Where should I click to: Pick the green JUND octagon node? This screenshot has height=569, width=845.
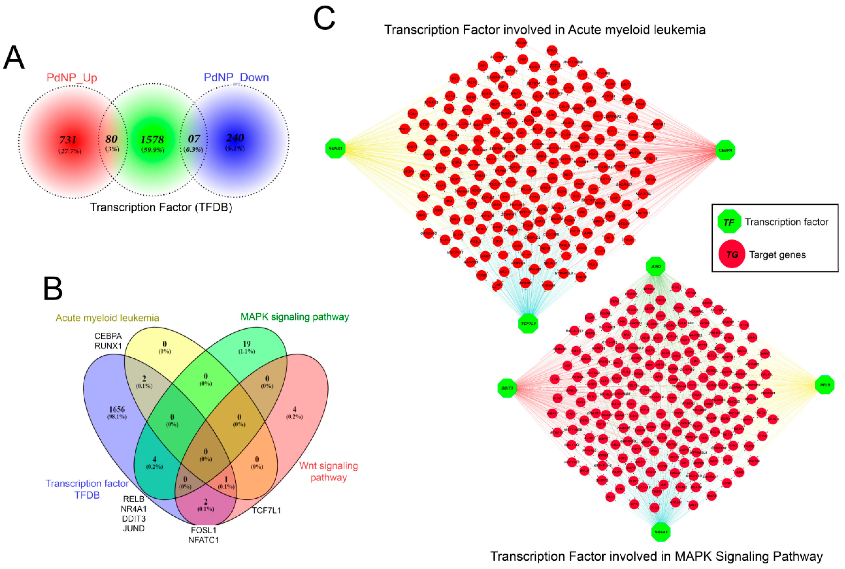tap(656, 266)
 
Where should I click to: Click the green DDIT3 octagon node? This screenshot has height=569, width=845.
tap(507, 388)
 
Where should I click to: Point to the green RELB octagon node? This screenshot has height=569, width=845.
tap(825, 385)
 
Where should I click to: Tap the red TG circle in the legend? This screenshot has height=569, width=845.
tap(732, 254)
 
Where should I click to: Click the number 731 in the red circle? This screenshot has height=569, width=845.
tap(68, 140)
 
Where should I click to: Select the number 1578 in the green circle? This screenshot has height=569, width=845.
tap(152, 140)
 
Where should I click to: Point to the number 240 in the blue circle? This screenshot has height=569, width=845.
tap(235, 138)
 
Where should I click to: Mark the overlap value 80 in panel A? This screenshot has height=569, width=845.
tap(111, 139)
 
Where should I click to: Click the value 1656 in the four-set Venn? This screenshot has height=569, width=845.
tap(117, 409)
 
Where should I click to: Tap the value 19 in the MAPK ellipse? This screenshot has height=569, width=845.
tap(246, 344)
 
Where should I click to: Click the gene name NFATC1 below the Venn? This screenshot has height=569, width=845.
tap(203, 540)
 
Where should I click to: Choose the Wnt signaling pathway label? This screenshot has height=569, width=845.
tap(328, 471)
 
